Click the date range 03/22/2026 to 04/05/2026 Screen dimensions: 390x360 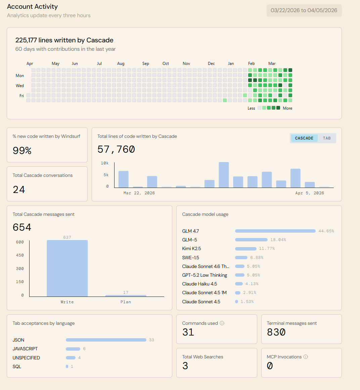[304, 10]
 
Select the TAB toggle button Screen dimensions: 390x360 [327, 138]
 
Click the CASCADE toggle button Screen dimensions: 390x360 [304, 138]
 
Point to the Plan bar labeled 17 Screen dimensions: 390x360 [126, 296]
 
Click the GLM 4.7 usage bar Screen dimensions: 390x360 [275, 231]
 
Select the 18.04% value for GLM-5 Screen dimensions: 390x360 [278, 240]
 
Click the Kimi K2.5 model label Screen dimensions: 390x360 [191, 248]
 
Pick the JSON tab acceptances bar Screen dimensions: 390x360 [106, 340]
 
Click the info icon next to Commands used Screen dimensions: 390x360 [222, 323]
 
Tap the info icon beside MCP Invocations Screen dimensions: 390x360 [306, 357]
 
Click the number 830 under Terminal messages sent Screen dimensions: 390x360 [276, 332]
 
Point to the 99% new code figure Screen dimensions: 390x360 [22, 150]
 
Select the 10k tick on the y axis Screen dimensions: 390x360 [104, 163]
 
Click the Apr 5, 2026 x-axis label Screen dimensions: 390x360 [310, 193]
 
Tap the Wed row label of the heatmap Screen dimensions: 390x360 [20, 86]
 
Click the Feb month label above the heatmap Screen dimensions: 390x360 [251, 64]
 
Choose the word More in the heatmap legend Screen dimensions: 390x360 [287, 108]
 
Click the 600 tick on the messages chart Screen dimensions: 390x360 [20, 242]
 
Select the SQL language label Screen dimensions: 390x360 [17, 366]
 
